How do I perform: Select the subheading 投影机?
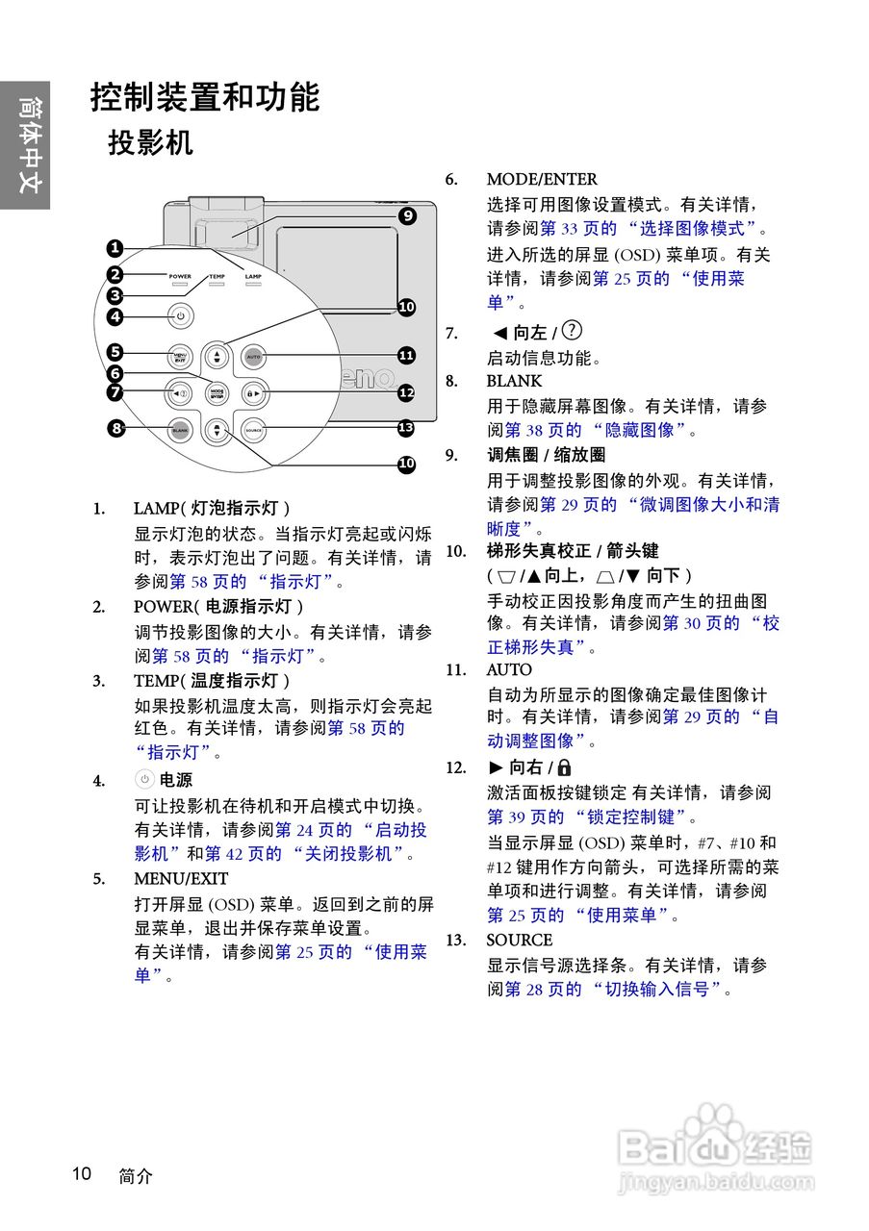150,142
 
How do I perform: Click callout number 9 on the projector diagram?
407,216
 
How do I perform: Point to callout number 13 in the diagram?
406,428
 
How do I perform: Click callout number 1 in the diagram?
115,247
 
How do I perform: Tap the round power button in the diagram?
179,315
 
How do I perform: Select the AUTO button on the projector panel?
254,357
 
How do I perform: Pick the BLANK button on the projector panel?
179,430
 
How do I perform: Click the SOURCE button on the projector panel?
254,430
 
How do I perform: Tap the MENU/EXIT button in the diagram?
179,357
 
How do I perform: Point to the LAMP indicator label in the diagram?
253,277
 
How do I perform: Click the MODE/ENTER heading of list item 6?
541,179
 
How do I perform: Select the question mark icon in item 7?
572,331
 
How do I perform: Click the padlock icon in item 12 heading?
564,767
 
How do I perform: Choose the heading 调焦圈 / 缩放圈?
546,455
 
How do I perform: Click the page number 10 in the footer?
82,1173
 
